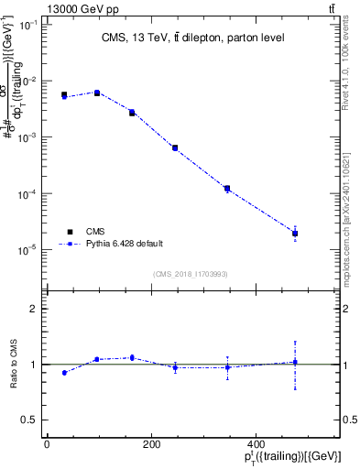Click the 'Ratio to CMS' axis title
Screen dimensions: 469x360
tap(15, 364)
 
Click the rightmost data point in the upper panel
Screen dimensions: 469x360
tap(295, 234)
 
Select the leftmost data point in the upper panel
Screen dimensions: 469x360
tap(64, 95)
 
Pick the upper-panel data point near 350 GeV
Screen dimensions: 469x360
tap(226, 189)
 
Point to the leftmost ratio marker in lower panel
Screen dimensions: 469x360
tap(64, 373)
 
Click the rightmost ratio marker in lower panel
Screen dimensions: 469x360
tap(295, 362)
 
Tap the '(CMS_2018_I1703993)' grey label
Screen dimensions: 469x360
tap(191, 273)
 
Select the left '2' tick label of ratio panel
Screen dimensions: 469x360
tap(32, 309)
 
